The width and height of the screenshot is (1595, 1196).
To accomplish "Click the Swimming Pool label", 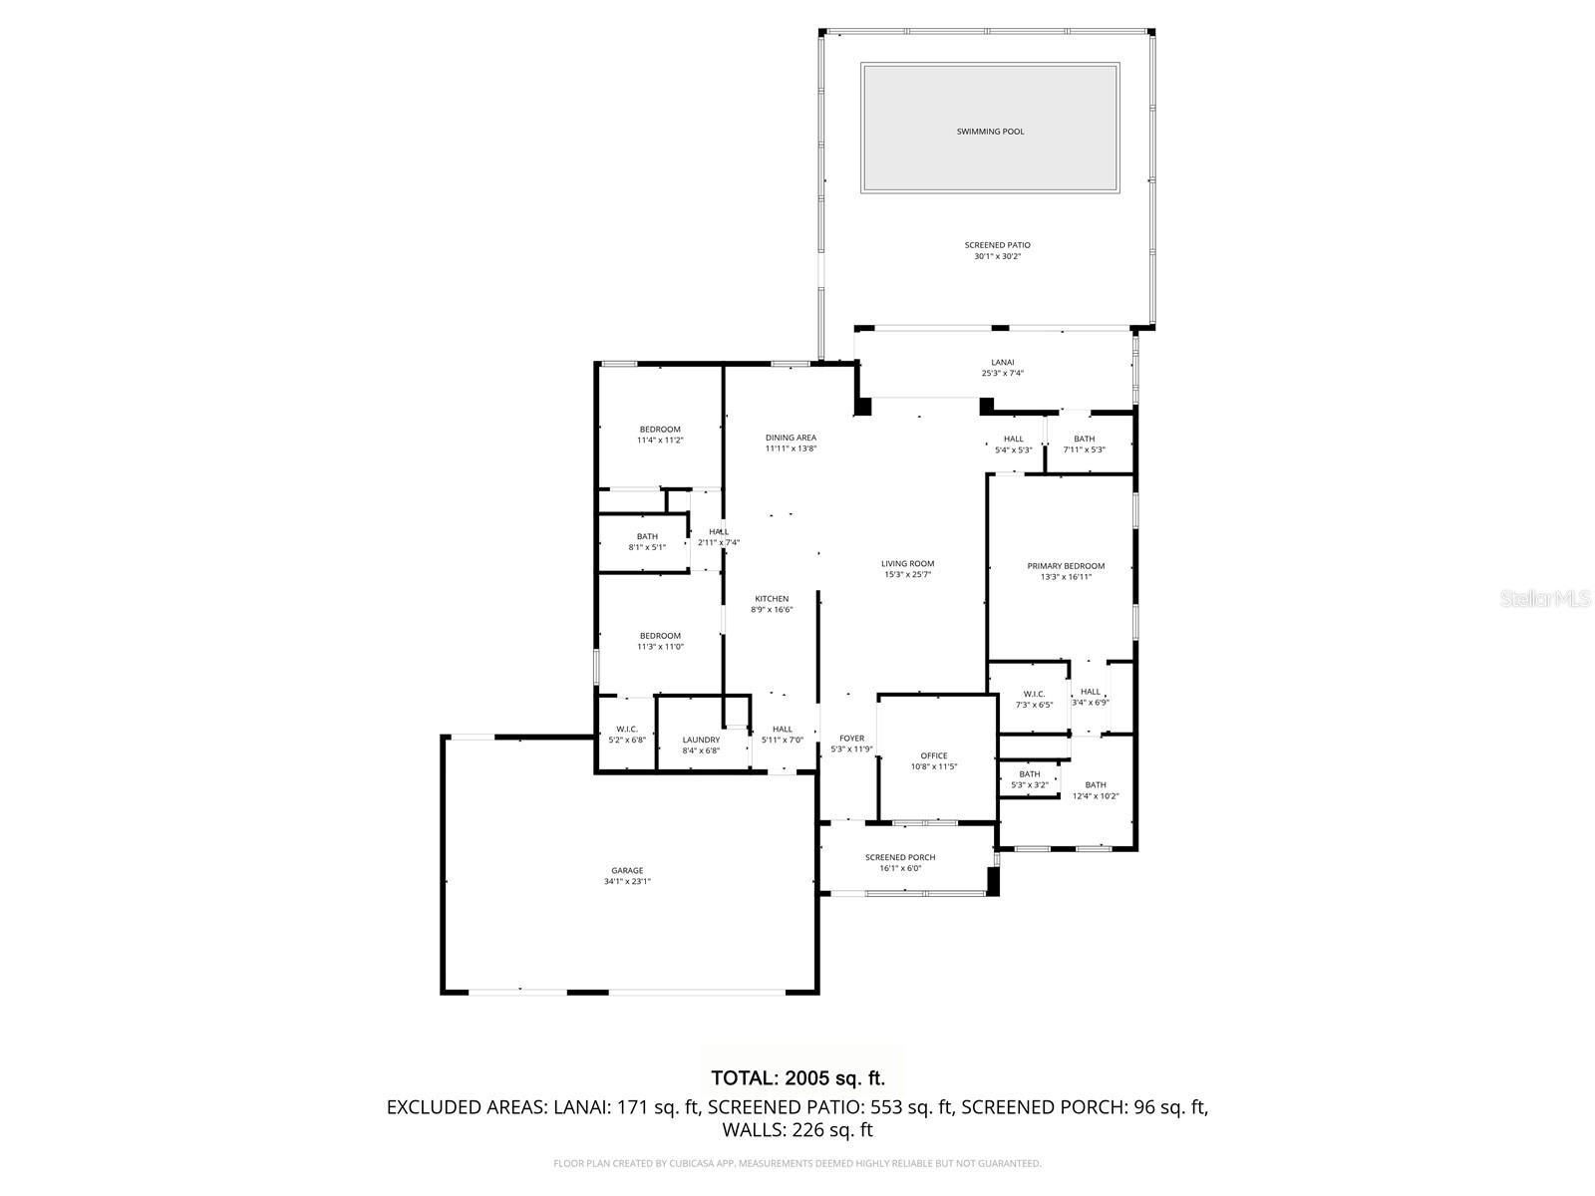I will [x=990, y=132].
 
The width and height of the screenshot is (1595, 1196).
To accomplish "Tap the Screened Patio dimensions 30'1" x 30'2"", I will [x=997, y=257].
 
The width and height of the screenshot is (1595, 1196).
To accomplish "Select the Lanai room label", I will [x=1002, y=363].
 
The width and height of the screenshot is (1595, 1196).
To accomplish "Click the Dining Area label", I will [x=791, y=438].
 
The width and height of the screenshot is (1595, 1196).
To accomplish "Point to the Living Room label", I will [x=907, y=564].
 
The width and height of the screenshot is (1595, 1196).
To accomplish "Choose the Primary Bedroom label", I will [x=1066, y=566].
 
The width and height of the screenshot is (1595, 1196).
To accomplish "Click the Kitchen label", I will [x=772, y=599].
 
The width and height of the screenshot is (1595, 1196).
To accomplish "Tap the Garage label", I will [x=627, y=870].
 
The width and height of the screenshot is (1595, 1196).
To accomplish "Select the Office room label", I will [x=934, y=755].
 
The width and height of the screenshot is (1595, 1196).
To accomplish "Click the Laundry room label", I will [x=701, y=740].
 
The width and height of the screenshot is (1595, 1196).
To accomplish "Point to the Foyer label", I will [x=851, y=739].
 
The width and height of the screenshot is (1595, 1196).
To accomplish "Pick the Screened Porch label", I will [x=900, y=857].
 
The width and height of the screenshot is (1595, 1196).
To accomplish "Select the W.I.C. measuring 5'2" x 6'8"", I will [x=627, y=735].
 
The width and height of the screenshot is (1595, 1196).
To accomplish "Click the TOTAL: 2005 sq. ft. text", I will [x=797, y=1077].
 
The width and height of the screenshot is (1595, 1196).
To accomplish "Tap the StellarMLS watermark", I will [x=1546, y=599].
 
